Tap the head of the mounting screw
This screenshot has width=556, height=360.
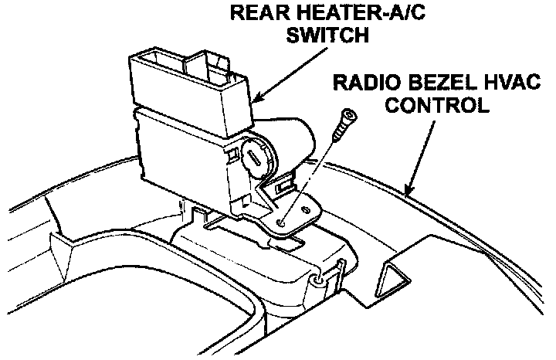348,117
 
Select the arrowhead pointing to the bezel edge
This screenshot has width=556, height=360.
410,190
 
